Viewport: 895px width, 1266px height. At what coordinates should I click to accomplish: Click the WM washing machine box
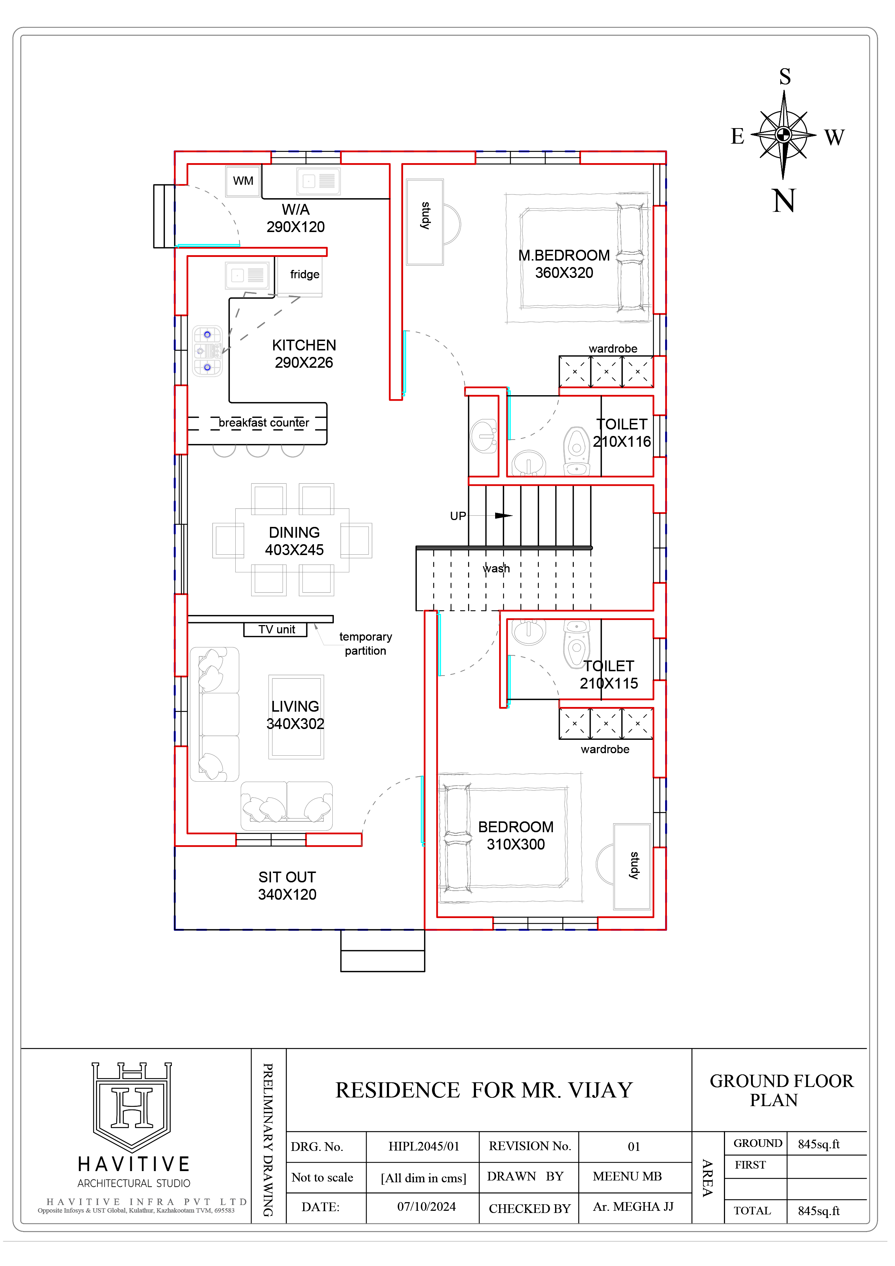[x=243, y=181]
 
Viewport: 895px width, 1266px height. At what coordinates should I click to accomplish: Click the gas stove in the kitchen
[x=208, y=351]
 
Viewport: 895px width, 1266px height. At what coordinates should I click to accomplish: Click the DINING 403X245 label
[x=294, y=541]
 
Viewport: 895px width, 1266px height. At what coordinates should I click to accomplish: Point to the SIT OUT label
[x=287, y=877]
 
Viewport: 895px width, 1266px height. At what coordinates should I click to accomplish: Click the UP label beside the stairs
[x=458, y=516]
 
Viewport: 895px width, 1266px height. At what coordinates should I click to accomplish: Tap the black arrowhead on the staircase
[x=503, y=516]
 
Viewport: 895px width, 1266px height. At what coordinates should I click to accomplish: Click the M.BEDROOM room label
[x=564, y=256]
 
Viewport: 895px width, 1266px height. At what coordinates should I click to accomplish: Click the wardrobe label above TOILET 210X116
[x=613, y=349]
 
